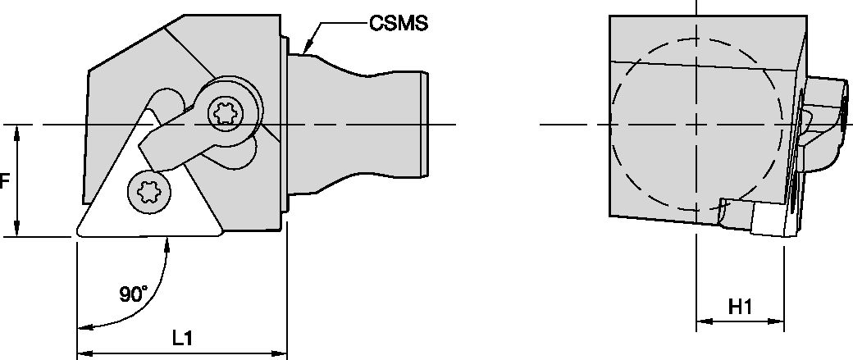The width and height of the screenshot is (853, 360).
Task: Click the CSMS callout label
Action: click(x=399, y=24)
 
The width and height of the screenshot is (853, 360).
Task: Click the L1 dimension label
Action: click(x=182, y=337)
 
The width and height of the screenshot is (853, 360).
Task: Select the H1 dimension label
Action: click(x=741, y=306)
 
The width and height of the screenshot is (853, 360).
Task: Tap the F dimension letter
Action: click(x=4, y=180)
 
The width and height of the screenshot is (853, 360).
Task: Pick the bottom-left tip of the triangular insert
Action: click(x=78, y=234)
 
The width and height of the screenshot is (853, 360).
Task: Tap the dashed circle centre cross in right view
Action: click(x=696, y=125)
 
